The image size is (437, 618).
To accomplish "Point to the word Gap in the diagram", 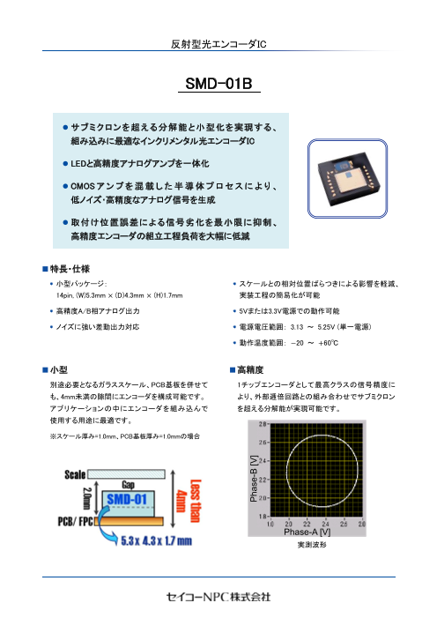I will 128,486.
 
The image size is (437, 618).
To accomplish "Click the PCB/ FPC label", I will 78,520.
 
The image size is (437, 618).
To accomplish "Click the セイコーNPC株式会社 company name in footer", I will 218,597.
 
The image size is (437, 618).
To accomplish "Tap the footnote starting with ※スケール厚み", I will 126,437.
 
